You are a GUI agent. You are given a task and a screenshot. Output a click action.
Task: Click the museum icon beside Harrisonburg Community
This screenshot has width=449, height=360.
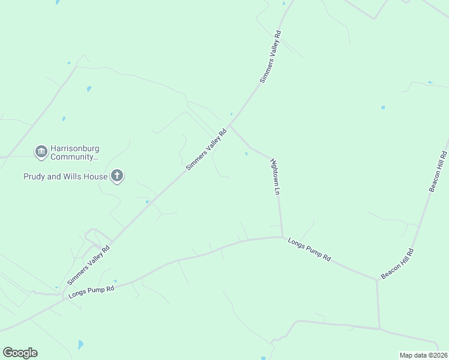[x=41, y=151]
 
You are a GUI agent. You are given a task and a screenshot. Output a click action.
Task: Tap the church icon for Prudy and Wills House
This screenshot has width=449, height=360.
[x=117, y=176]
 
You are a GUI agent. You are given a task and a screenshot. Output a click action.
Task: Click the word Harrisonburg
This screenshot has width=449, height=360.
[x=74, y=148]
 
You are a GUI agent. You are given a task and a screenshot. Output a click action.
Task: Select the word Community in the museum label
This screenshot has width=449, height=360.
[x=73, y=157]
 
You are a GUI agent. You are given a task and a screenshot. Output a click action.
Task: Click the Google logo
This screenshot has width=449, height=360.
[x=20, y=353]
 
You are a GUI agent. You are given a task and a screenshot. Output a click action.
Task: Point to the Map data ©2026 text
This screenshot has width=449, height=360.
[x=423, y=355]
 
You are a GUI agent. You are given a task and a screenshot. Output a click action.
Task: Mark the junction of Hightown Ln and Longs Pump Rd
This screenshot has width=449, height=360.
[x=282, y=237]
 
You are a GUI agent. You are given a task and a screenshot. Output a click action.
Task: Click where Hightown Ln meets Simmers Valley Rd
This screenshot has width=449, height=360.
[x=231, y=125]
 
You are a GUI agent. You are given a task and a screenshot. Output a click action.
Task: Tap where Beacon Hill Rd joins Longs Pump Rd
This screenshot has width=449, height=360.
[x=377, y=280]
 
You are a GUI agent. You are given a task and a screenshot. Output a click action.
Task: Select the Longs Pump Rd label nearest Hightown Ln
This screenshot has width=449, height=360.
[x=309, y=249]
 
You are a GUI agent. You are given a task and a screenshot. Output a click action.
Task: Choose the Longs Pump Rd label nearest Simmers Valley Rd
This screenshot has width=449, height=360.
[x=91, y=292]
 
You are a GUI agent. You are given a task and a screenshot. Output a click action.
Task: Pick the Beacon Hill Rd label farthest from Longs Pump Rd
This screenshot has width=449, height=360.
[x=439, y=172]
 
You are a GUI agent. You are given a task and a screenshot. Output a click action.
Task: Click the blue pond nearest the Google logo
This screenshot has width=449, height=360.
[x=80, y=344]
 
